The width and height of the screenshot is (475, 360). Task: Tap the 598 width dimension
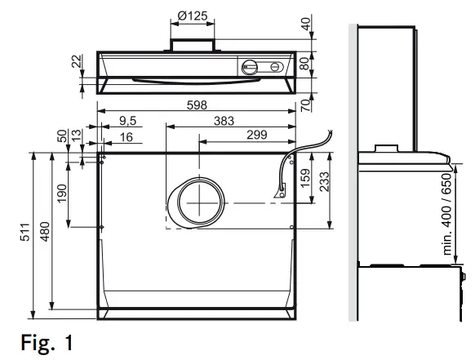[x=196, y=104]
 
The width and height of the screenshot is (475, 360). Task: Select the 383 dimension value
[x=222, y=121]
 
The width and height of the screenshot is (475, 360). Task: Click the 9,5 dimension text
[x=126, y=121]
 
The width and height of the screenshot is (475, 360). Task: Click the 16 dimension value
[x=126, y=136]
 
